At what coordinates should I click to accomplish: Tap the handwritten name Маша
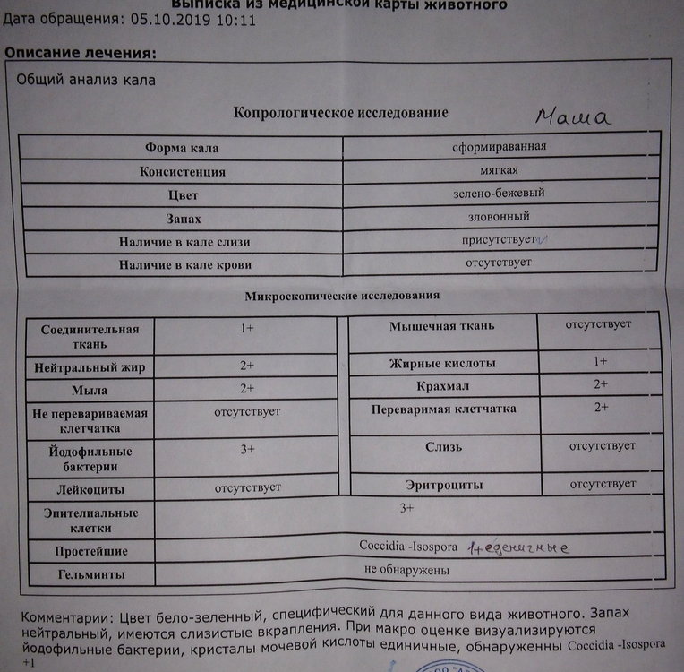coord(573,117)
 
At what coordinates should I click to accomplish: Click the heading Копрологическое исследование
coord(340,113)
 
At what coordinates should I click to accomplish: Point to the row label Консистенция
coord(182,171)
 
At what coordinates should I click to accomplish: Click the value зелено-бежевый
coord(500,193)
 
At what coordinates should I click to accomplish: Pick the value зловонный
coord(499,217)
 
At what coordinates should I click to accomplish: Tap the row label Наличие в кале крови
coord(184,265)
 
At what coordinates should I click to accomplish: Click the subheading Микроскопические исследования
coord(341,295)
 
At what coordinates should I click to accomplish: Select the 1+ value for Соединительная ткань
coord(247,329)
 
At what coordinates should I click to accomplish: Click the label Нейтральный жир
coord(89,367)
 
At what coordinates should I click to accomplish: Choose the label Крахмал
coord(444,386)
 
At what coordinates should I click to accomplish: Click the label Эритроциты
coord(444,485)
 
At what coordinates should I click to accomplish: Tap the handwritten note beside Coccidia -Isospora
coord(520,545)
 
